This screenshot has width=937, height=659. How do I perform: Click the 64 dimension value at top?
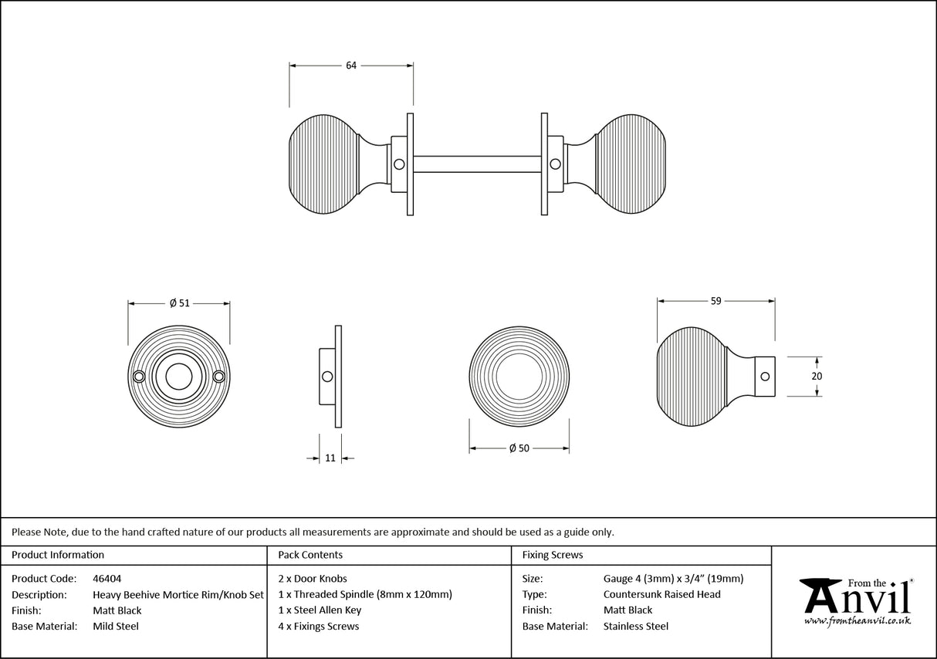coord(351,66)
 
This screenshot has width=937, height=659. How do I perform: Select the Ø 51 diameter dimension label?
coord(179,303)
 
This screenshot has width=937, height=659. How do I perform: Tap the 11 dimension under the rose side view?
coord(330,458)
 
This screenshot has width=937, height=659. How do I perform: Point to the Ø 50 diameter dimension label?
coord(519,449)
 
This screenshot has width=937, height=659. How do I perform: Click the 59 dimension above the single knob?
coord(716,301)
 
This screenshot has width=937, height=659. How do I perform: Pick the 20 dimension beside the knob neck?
coord(817,377)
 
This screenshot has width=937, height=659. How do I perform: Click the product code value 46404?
coord(107,578)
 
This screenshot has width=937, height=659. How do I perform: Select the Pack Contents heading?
coord(310,555)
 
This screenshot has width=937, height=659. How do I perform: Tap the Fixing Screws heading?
coord(553,555)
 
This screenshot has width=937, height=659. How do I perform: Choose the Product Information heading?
coord(58,555)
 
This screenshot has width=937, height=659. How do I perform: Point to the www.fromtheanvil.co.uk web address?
coord(857,620)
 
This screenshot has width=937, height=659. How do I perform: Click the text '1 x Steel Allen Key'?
coord(320,610)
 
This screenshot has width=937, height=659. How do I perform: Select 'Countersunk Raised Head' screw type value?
coord(661,594)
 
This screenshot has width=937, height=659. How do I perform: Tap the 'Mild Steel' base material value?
coord(116,627)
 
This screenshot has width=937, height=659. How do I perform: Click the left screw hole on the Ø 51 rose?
coord(139,377)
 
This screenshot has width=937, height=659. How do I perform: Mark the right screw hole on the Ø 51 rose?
coord(218,377)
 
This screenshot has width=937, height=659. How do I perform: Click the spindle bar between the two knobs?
coord(476,164)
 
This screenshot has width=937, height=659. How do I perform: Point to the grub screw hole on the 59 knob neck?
coord(765,377)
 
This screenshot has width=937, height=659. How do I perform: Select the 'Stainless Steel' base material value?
coord(636,627)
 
